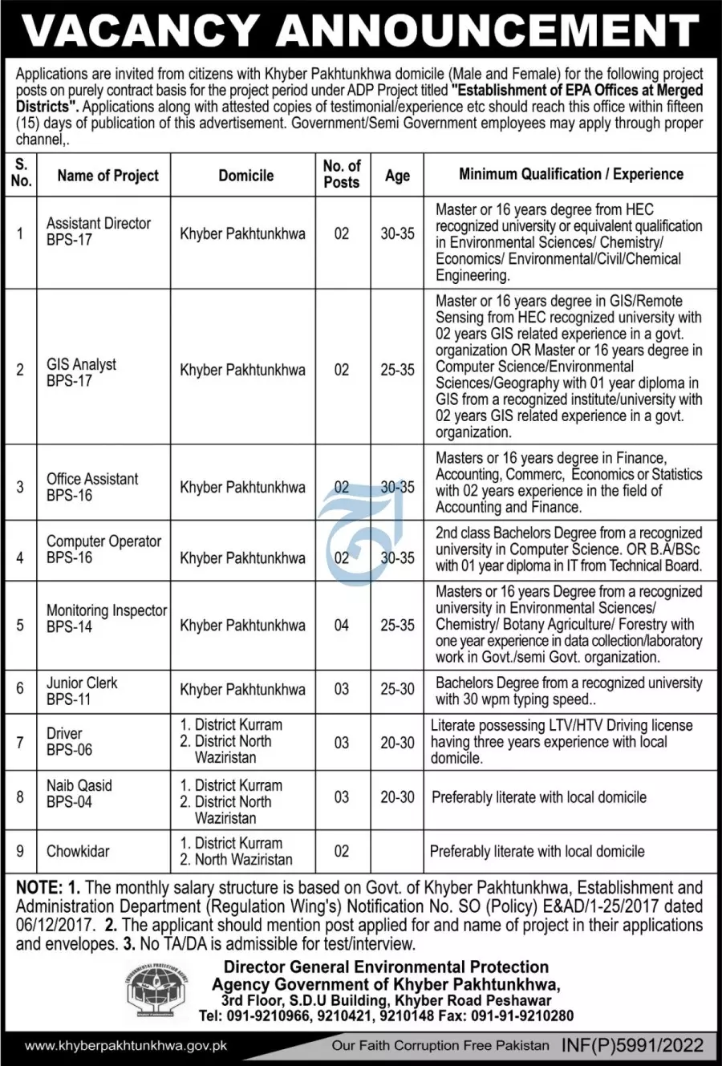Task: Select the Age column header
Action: click(397, 176)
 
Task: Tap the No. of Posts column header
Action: click(342, 174)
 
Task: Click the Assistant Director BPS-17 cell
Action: click(99, 231)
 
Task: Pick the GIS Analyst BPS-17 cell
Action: click(81, 372)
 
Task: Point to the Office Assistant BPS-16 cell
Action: click(92, 487)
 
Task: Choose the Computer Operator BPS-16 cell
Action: click(103, 549)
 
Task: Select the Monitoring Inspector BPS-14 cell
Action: click(106, 618)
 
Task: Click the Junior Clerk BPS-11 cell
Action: click(82, 691)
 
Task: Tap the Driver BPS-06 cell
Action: click(69, 741)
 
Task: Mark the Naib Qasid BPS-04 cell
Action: click(79, 793)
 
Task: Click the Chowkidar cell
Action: click(78, 851)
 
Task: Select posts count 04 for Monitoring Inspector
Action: click(342, 625)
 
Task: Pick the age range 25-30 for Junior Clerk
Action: click(397, 689)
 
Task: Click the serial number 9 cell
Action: click(20, 851)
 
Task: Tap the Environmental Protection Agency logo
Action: click(156, 991)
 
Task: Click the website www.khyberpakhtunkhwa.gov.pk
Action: click(126, 1046)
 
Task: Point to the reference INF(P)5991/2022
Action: click(632, 1045)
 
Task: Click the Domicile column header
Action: click(245, 176)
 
